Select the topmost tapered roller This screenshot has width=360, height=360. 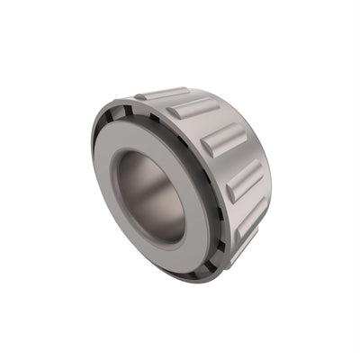point(163,93)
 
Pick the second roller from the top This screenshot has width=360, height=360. point(193,108)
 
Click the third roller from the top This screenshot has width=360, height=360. point(225,139)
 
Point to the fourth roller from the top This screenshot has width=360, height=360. point(245,180)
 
